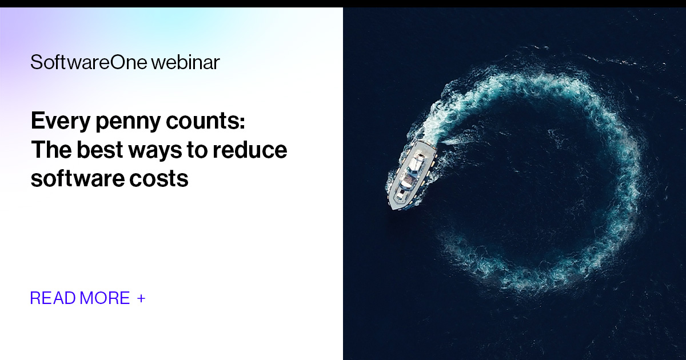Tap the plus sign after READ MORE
pyautogui.click(x=141, y=298)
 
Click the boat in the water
pyautogui.click(x=409, y=174)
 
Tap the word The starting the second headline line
pyautogui.click(x=52, y=150)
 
